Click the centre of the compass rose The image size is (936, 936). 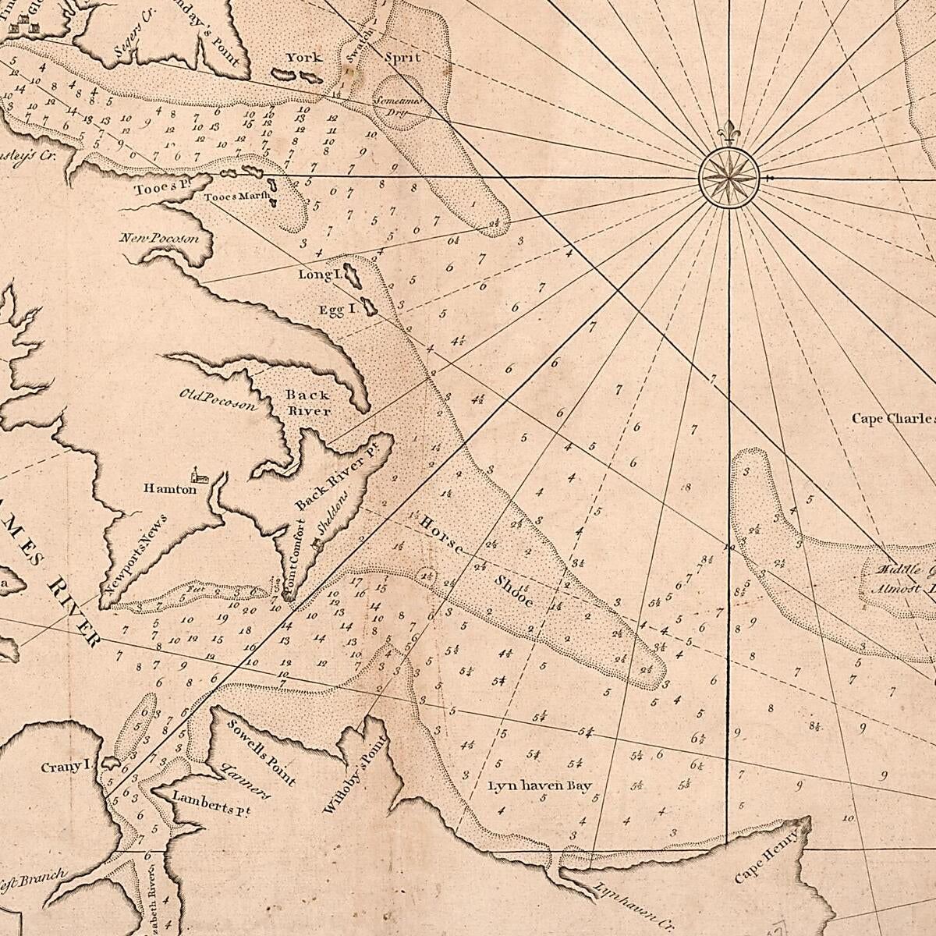(728, 178)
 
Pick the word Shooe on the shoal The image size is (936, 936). (513, 592)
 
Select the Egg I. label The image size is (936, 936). (337, 310)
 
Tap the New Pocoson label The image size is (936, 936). (160, 238)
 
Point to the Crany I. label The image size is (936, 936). (67, 767)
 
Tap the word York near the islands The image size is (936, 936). (303, 58)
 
